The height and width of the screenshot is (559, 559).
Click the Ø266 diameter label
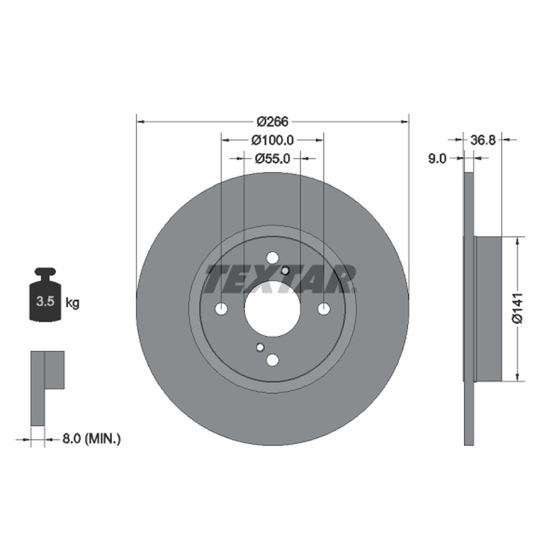273,122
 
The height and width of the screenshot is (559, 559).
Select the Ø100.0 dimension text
273,140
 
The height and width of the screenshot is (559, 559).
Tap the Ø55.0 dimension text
273,159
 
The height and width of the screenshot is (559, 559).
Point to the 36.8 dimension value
483,140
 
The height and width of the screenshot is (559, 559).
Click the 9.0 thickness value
437,159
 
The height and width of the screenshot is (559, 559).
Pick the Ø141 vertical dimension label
517,308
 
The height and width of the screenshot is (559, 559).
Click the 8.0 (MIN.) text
92,439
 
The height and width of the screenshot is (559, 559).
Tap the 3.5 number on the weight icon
45,302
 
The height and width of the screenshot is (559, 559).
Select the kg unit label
73,303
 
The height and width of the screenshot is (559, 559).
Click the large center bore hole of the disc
273,309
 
